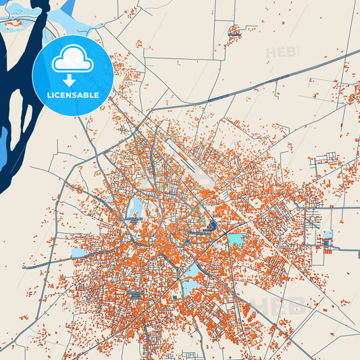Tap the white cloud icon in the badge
(x=72, y=60)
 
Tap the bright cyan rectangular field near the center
(x=236, y=239)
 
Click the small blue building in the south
(x=174, y=297)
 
